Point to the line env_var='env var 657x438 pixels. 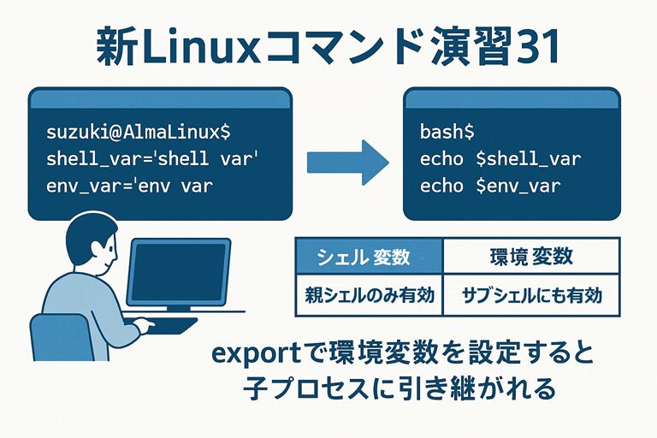(130, 185)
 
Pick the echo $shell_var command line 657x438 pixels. (500, 159)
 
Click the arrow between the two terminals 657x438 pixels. (346, 159)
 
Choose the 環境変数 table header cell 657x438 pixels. (530, 256)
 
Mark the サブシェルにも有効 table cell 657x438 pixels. (530, 295)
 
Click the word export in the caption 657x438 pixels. (248, 353)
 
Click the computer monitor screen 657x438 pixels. (179, 271)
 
